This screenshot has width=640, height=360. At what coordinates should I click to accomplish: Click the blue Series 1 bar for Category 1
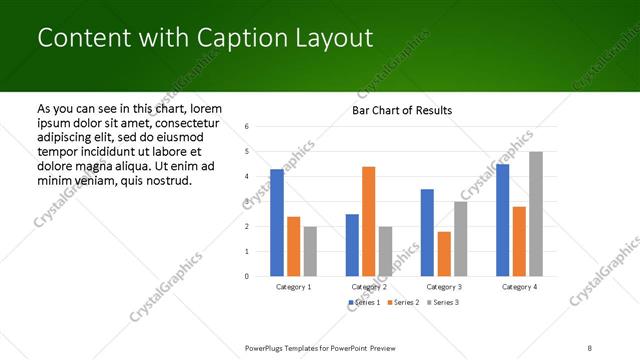click(277, 223)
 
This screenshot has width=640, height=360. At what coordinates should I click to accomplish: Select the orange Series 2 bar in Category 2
click(368, 221)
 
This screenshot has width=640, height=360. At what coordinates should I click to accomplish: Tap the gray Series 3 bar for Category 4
click(536, 214)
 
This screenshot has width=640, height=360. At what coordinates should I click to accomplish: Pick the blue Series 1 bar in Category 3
click(427, 232)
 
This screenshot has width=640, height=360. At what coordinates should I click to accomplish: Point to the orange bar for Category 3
click(444, 254)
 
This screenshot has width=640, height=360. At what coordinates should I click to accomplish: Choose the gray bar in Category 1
click(310, 251)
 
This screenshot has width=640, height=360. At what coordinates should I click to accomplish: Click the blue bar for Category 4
click(502, 220)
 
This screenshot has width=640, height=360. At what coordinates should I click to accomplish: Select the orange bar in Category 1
click(293, 246)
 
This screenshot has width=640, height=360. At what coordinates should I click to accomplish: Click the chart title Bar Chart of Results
click(401, 110)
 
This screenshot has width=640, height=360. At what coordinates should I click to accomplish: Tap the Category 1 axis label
click(293, 287)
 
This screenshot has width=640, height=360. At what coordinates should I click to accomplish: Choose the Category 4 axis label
click(519, 287)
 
